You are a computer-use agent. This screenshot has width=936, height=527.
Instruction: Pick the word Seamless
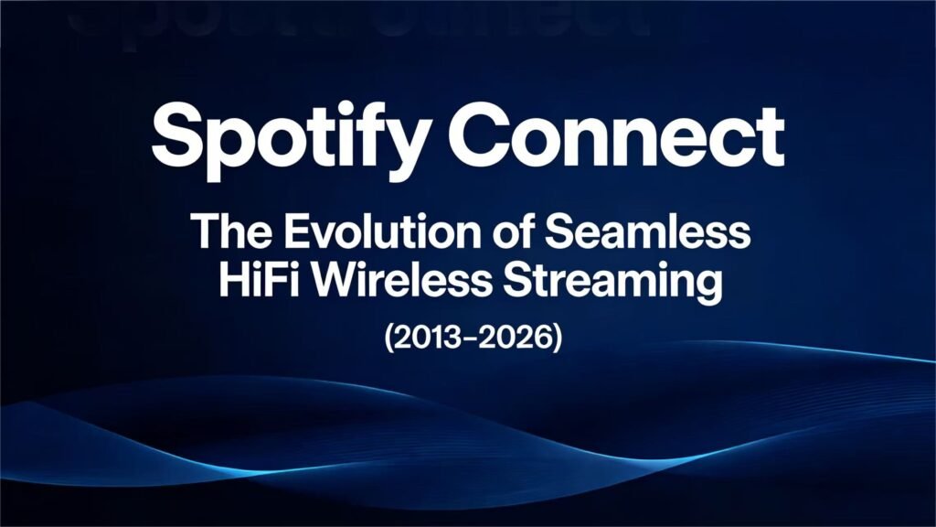click(x=647, y=233)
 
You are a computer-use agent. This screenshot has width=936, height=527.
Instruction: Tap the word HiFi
click(x=256, y=281)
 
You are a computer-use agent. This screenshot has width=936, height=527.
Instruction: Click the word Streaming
click(x=607, y=283)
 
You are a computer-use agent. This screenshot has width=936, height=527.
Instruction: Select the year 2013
click(x=425, y=338)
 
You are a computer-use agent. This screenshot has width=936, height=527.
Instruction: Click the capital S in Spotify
click(x=179, y=134)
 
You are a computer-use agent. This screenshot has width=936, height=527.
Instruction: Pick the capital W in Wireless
click(x=327, y=281)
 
